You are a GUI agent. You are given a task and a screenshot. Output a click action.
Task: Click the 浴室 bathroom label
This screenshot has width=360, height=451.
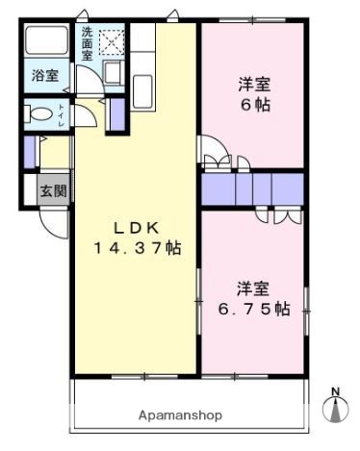pyautogui.click(x=44, y=75)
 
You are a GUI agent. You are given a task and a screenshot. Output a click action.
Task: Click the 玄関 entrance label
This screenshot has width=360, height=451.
pyautogui.click(x=53, y=190)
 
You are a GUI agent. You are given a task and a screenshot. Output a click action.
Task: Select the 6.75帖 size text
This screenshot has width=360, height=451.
pyautogui.click(x=254, y=309)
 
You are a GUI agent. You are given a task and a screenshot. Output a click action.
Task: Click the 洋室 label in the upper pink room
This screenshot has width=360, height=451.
pyautogui.click(x=253, y=85)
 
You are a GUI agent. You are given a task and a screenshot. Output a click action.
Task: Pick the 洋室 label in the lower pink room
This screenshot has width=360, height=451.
pyautogui.click(x=254, y=288)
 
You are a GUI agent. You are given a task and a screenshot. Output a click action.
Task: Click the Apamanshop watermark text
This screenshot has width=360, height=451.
pyautogui.click(x=181, y=415)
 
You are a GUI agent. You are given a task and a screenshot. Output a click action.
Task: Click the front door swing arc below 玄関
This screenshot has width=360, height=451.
pyautogui.click(x=53, y=223)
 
